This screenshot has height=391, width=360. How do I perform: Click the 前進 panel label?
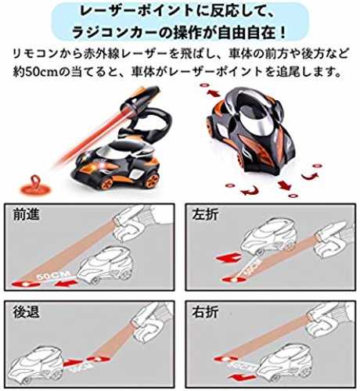tap(26, 215)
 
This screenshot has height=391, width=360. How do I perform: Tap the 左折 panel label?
tap(205, 215)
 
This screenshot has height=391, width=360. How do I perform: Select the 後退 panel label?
tap(26, 312)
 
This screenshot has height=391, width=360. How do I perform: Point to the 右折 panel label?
tap(205, 312)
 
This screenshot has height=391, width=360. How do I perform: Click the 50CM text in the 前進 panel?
tap(53, 275)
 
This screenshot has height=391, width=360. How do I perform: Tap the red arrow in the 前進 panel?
tap(66, 283)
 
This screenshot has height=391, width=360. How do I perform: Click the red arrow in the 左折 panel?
tap(229, 258)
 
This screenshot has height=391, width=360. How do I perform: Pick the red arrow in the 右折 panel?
tap(241, 376)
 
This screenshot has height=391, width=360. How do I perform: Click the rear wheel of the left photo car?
tap(152, 180)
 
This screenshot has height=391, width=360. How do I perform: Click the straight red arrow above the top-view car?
tap(214, 93)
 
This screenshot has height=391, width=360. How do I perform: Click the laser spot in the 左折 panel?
tap(232, 279)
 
